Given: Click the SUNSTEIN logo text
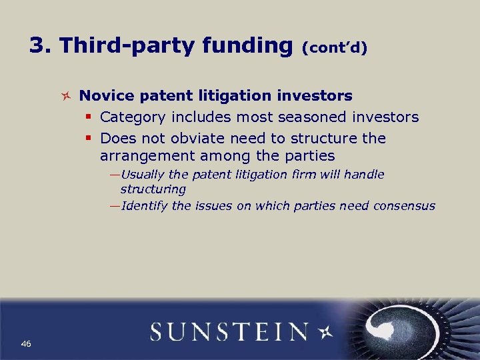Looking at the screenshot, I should [229, 332].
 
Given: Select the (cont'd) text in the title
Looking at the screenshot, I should [335, 47].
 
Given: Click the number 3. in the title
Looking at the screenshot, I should [41, 45].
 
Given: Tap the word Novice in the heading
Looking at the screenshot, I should [105, 96].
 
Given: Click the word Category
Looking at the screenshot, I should [133, 117].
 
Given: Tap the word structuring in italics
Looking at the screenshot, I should [153, 189].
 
